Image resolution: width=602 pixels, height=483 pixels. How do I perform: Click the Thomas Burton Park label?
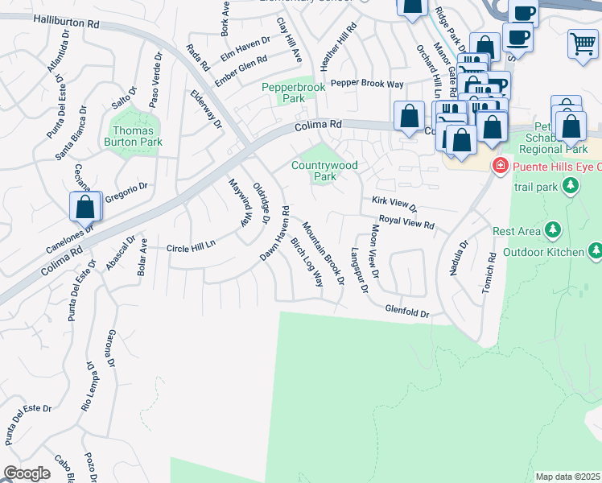click(x=134, y=136)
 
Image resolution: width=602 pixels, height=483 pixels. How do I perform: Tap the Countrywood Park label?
click(x=324, y=171)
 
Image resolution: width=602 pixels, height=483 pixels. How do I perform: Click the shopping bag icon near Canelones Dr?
click(x=85, y=208)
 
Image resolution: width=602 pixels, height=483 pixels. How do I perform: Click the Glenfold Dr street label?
click(x=407, y=311)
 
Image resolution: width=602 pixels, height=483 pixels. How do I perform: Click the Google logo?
click(x=27, y=473)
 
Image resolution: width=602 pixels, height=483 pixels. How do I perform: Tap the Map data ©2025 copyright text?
click(x=567, y=477)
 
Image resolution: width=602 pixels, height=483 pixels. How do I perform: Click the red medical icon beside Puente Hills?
click(x=501, y=164)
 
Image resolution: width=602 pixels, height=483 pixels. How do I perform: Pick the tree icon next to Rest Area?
click(x=553, y=231)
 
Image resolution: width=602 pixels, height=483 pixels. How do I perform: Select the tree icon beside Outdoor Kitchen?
click(x=595, y=252)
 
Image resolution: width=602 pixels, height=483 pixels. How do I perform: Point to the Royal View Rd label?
click(x=406, y=222)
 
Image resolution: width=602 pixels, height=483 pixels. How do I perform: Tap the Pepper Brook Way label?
click(x=367, y=83)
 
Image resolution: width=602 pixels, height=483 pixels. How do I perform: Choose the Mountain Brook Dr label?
click(x=324, y=253)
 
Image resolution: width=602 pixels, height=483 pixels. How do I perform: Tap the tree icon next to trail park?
click(x=571, y=187)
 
